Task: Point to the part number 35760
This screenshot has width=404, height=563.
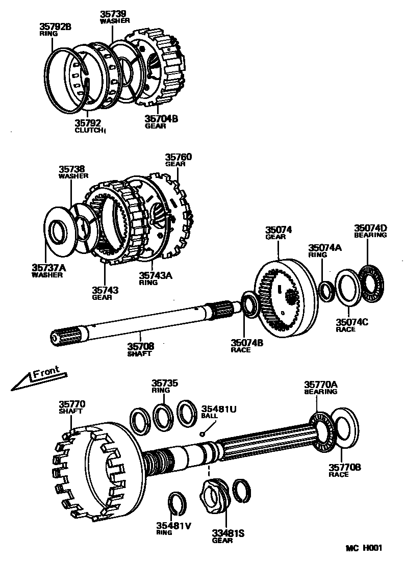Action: (x=178, y=157)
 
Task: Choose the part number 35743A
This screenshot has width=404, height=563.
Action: (x=156, y=275)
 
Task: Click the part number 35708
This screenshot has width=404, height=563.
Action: (x=140, y=346)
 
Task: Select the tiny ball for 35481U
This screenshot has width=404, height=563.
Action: (x=203, y=434)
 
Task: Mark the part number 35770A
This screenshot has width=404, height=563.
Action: (x=321, y=385)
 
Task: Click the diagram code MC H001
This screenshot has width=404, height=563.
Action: (x=363, y=548)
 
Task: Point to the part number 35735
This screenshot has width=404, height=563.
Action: (x=164, y=383)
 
